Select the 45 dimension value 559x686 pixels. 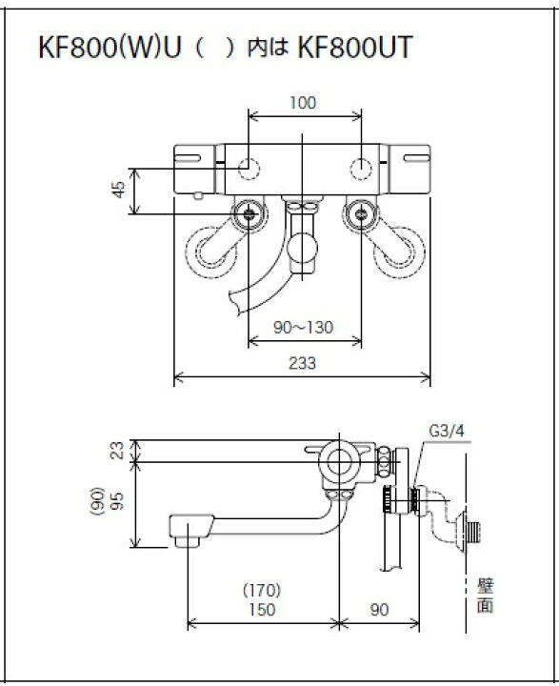click(118, 191)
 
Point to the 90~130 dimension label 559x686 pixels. click(304, 328)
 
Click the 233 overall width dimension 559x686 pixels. click(304, 363)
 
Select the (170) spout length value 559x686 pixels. click(263, 589)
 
